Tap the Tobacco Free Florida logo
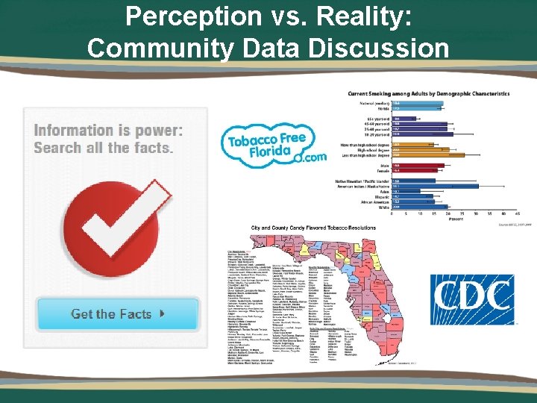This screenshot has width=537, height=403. point(273,146)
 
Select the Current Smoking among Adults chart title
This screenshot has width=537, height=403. point(428,94)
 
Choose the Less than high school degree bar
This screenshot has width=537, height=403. point(428,155)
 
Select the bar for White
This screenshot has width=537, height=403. point(421,207)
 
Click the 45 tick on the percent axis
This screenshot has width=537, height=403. point(517,214)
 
